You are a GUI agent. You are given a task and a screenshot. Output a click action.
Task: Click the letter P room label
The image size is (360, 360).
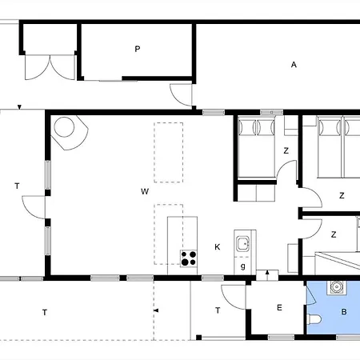[138, 49]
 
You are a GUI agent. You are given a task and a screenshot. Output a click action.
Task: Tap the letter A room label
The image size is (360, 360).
[294, 65]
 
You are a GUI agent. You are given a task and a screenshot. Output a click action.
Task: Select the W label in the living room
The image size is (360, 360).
[145, 191]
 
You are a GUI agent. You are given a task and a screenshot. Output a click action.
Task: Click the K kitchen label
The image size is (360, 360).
[218, 247]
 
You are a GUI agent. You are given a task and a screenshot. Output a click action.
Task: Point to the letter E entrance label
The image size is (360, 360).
[279, 308]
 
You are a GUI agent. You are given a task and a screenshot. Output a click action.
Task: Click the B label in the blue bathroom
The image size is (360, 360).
[344, 312]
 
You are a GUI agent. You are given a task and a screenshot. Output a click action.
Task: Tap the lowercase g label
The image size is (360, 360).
[243, 266]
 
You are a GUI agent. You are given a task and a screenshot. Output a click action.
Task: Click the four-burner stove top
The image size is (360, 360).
[189, 258]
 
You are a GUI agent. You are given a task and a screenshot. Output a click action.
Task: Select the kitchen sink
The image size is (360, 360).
[243, 243]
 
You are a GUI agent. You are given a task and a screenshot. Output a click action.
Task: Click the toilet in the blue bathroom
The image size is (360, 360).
[314, 319]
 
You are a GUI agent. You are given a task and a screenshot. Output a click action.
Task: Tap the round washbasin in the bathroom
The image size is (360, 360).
[337, 287]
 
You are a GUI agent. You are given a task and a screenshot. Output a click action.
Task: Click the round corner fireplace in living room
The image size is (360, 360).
[64, 127]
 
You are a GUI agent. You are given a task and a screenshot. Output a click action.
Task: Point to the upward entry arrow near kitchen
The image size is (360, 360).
[267, 272]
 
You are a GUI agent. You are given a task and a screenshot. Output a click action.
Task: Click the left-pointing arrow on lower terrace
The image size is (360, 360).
[157, 310]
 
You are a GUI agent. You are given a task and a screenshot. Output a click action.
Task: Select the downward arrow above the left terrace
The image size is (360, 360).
[19, 107]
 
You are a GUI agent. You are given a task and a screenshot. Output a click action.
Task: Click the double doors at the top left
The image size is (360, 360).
[50, 67]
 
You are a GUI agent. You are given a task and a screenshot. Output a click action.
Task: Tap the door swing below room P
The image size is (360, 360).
[181, 94]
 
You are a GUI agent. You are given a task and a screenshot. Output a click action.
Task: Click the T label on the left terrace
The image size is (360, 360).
[17, 186]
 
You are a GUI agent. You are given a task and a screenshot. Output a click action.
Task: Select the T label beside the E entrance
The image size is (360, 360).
[218, 310]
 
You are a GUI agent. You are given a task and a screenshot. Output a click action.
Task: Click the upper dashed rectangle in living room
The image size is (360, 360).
[169, 153]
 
